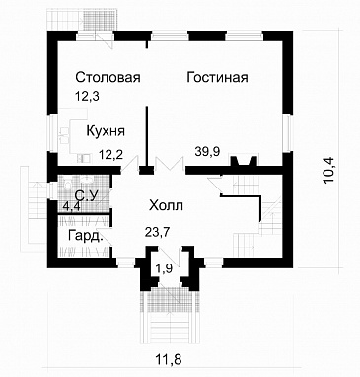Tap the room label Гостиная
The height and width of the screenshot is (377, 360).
tap(216, 78)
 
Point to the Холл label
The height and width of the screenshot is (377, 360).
tap(165, 206)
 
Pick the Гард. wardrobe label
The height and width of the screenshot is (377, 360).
tap(85, 238)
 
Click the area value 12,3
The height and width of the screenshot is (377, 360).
tap(87, 96)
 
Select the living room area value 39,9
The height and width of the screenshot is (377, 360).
tap(210, 152)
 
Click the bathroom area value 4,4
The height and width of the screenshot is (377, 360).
tap(72, 207)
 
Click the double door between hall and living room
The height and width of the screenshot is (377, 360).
tap(166, 165)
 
